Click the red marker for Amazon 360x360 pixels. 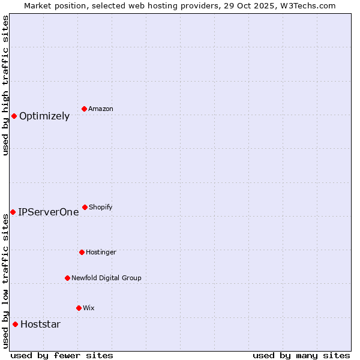pos(85,109)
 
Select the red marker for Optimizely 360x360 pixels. pos(14,116)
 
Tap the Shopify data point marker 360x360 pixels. pos(85,207)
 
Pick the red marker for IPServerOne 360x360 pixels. pos(13,212)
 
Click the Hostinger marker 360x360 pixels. pos(82,252)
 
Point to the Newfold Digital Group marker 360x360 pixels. pos(67,278)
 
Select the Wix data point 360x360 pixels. pos(79,308)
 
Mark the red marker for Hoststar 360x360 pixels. pos(15,324)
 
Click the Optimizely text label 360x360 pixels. pos(44,116)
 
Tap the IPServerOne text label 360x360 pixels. pos(48,212)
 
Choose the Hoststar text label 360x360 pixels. pos(40,325)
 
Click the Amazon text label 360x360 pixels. pos(100,109)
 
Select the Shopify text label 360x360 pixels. pos(100,208)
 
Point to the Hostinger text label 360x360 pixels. pos(101,253)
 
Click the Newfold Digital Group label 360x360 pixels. pos(106,278)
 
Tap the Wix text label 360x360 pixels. pos(88,308)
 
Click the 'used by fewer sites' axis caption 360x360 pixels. pos(62,355)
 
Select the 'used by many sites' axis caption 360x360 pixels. pos(301,355)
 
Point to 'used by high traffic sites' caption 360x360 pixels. pos(5,85)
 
